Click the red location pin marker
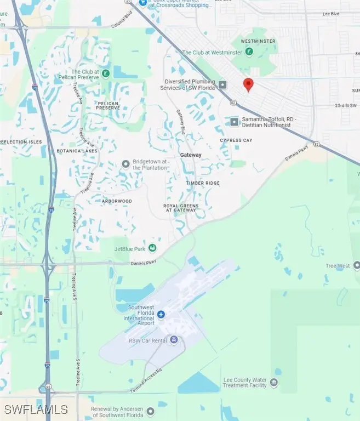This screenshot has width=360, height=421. tap(248, 84)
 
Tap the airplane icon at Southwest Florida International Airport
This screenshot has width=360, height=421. tap(161, 314)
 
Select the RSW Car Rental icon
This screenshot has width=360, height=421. tap(174, 340)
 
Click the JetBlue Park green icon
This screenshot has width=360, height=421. tap(152, 248)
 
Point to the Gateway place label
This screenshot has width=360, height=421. tap(191, 155)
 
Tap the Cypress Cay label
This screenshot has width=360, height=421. tap(236, 140)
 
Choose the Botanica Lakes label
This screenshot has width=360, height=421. tap(77, 151)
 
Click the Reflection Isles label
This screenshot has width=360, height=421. tap(21, 141)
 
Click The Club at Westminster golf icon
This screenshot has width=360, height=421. tap(249, 52)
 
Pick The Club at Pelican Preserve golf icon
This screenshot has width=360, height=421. tap(105, 73)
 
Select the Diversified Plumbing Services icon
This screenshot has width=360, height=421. tap(222, 84)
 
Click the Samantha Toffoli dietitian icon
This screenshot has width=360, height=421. tap(235, 121)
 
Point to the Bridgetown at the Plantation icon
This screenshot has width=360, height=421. tap(125, 164)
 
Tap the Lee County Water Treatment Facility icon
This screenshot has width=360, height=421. tap(273, 382)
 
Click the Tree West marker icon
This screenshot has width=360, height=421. tap(357, 265)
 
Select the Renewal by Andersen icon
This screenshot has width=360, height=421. tap(151, 412)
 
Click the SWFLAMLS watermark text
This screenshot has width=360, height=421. tap(36, 409)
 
